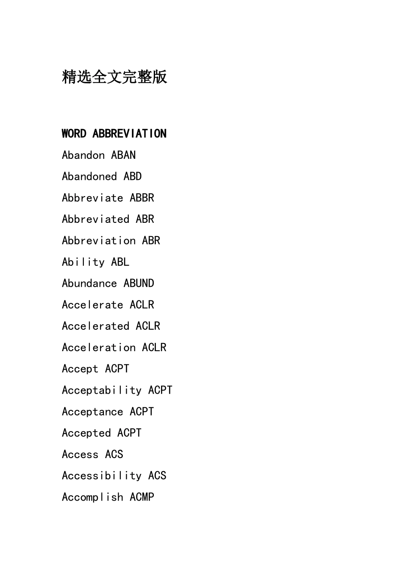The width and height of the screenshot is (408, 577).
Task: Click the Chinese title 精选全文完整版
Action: tap(114, 77)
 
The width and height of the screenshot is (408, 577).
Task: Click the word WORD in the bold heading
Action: tap(74, 134)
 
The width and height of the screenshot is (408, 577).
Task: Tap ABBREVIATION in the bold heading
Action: tap(129, 134)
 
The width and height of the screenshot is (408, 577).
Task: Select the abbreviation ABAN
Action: tap(123, 155)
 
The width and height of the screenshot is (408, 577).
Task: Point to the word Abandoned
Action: tap(89, 176)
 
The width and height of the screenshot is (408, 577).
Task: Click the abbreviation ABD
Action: tap(132, 176)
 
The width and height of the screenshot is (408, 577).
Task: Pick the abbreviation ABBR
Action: tap(142, 198)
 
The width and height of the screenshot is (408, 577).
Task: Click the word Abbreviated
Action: tap(95, 219)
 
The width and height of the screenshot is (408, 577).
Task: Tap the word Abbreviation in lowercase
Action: tap(99, 241)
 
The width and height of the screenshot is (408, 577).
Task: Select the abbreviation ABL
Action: tap(120, 262)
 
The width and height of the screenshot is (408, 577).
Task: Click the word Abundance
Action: tap(89, 283)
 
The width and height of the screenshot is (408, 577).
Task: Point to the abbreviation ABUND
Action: tap(139, 283)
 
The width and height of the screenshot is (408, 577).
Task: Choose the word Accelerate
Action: tap(92, 305)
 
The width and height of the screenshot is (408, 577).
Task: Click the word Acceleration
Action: tap(99, 347)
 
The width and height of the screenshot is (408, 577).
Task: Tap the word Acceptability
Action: tap(102, 390)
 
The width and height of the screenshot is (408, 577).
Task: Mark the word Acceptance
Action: tap(92, 412)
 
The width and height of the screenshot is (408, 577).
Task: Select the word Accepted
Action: tap(86, 433)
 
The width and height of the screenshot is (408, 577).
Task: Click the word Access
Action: tap(80, 454)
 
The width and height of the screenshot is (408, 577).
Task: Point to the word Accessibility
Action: tap(102, 476)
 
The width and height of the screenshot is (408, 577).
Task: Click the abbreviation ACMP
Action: tap(142, 497)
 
